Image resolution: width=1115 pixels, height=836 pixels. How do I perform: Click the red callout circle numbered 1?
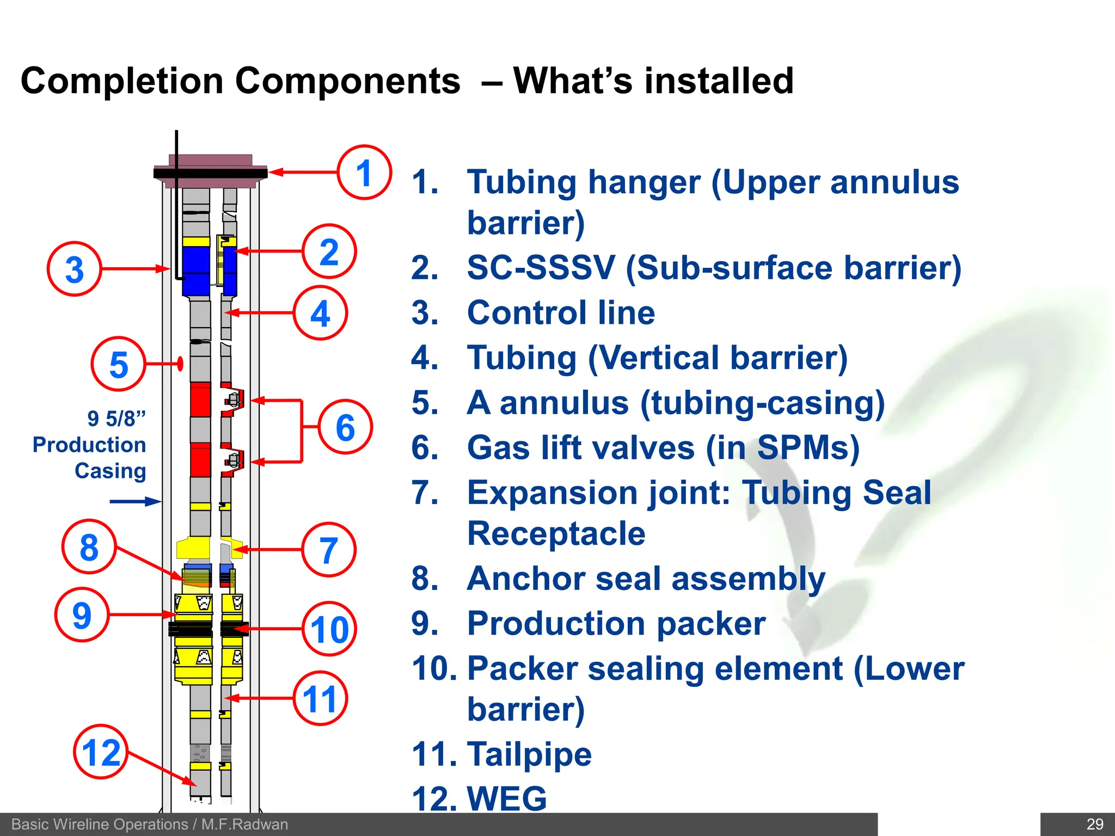[364, 173]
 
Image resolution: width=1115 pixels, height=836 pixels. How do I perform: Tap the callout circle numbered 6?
[345, 427]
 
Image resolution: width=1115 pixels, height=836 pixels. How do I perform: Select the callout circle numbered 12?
[101, 752]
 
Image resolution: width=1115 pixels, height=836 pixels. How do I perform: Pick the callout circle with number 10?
[329, 629]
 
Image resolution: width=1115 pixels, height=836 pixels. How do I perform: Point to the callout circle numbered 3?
[75, 269]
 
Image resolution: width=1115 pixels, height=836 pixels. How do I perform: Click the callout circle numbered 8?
[89, 547]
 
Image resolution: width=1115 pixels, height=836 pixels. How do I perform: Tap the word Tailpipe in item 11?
[529, 754]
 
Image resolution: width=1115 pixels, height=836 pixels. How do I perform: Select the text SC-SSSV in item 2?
[541, 268]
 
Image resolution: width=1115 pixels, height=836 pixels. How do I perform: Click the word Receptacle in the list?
[556, 533]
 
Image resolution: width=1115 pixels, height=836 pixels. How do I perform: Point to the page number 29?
[1094, 824]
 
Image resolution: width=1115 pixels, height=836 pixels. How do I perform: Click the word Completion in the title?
[121, 81]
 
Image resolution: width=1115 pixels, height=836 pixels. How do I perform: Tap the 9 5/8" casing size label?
[117, 419]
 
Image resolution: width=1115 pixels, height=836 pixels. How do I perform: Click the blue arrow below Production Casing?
[134, 501]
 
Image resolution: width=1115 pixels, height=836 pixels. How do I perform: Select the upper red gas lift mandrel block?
[200, 399]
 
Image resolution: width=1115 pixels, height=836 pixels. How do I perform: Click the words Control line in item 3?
[561, 313]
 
